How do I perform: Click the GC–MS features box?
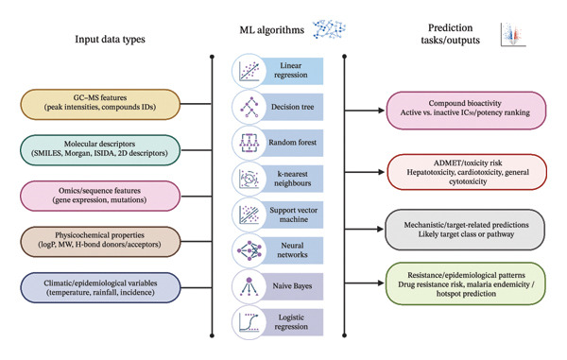pyautogui.click(x=100, y=104)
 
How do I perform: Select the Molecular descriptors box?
pyautogui.click(x=100, y=150)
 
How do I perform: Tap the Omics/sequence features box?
pyautogui.click(x=100, y=196)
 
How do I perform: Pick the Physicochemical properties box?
pyautogui.click(x=100, y=242)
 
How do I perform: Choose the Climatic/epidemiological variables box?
pyautogui.click(x=100, y=287)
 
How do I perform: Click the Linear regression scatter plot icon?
pyautogui.click(x=249, y=71)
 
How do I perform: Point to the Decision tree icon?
pyautogui.click(x=249, y=107)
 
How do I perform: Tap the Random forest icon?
pyautogui.click(x=249, y=143)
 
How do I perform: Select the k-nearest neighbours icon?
pyautogui.click(x=249, y=179)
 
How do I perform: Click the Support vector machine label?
pyautogui.click(x=294, y=214)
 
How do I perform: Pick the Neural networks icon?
pyautogui.click(x=249, y=250)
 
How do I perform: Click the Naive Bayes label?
pyautogui.click(x=292, y=286)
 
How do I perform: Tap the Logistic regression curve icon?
pyautogui.click(x=249, y=322)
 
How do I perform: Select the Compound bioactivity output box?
pyautogui.click(x=466, y=111)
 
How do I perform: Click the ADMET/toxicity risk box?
pyautogui.click(x=467, y=172)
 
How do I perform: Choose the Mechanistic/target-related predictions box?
pyautogui.click(x=465, y=230)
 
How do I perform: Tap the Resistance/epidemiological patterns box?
pyautogui.click(x=466, y=283)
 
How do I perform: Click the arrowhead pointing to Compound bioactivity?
pyautogui.click(x=381, y=111)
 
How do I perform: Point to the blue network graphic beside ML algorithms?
pyautogui.click(x=329, y=29)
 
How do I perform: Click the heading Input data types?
pyautogui.click(x=110, y=39)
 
